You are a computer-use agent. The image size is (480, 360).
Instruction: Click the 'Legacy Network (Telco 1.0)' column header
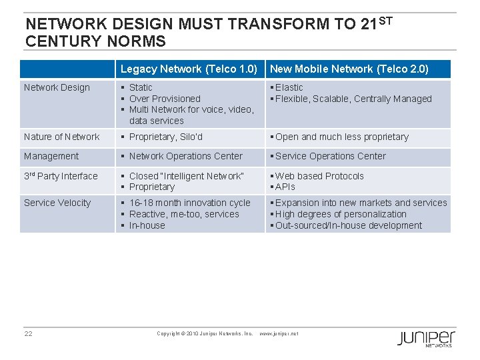pyautogui.click(x=189, y=69)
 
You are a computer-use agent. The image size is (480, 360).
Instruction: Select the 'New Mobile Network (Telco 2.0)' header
pyautogui.click(x=349, y=69)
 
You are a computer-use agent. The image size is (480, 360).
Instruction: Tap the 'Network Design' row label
pyautogui.click(x=57, y=87)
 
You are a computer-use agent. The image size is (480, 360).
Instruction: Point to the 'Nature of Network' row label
pyautogui.click(x=61, y=137)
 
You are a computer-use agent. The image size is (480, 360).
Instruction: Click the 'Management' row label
pyautogui.click(x=51, y=156)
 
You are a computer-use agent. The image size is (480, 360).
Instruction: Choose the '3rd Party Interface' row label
pyautogui.click(x=61, y=176)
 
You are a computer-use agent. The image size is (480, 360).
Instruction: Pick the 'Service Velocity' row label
pyautogui.click(x=57, y=203)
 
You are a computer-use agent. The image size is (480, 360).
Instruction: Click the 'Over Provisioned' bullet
pyautogui.click(x=165, y=99)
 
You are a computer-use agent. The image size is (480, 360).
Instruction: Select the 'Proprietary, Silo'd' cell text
pyautogui.click(x=165, y=137)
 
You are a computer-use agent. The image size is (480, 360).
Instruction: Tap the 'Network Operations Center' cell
pyautogui.click(x=185, y=156)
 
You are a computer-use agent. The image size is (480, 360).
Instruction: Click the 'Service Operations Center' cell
pyautogui.click(x=330, y=156)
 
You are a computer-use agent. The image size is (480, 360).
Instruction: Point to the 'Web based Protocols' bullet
pyautogui.click(x=319, y=176)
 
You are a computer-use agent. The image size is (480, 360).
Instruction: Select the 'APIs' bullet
pyautogui.click(x=285, y=187)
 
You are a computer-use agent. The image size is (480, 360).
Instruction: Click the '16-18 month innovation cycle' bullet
pyautogui.click(x=189, y=203)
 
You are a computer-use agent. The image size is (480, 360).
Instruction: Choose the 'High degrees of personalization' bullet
pyautogui.click(x=340, y=214)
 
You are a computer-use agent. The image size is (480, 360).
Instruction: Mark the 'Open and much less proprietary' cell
pyautogui.click(x=341, y=137)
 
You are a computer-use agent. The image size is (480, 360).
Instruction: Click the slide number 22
pyautogui.click(x=29, y=333)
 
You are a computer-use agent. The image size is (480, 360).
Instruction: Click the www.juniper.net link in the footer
pyautogui.click(x=279, y=333)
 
